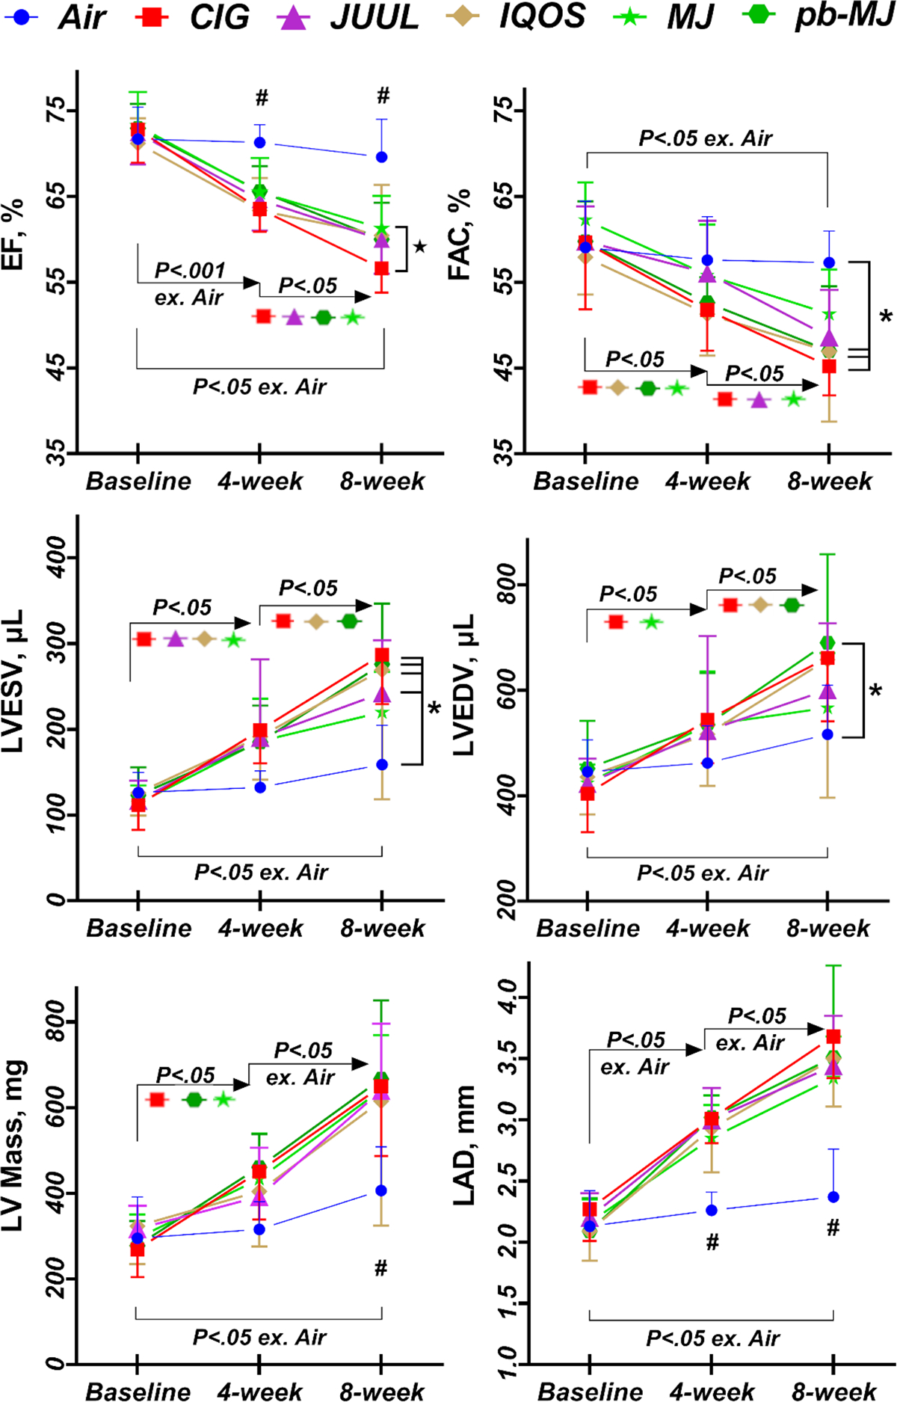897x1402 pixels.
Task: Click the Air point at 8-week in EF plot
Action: coord(382,157)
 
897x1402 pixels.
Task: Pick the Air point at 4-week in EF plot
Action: coord(260,143)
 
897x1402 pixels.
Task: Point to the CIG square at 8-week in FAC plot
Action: coord(829,366)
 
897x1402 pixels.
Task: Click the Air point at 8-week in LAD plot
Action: coord(833,1197)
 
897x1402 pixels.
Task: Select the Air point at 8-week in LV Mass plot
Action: coord(381,1190)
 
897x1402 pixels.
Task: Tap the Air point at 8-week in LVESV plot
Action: coord(382,765)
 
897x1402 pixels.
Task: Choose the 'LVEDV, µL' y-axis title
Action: coord(463,686)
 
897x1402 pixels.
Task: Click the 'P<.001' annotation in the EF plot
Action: coord(190,271)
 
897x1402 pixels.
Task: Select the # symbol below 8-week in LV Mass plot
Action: coord(380,1268)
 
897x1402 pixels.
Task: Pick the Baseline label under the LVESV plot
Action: coord(139,928)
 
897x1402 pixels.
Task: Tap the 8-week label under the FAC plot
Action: coord(830,481)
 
